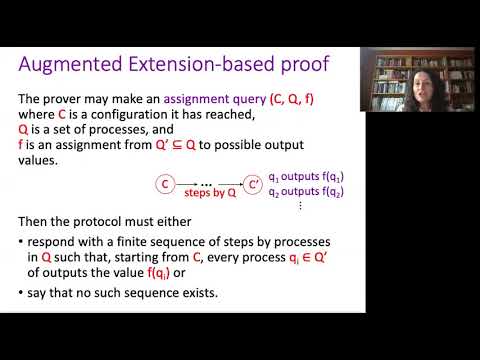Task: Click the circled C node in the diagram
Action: click(167, 184)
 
